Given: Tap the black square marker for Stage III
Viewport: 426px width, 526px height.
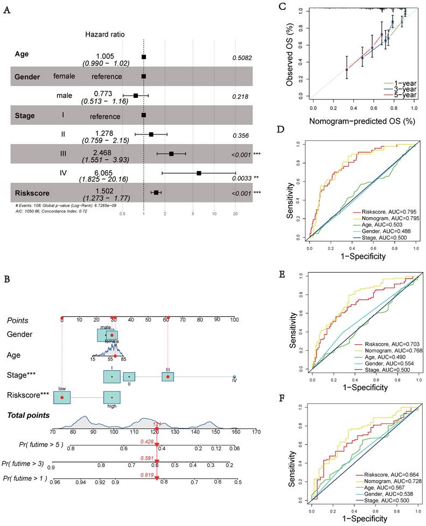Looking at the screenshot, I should coord(171,154).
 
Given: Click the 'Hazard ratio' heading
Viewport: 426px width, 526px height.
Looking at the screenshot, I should coord(105,34).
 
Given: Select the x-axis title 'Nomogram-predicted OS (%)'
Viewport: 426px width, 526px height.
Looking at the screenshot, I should coord(364,122).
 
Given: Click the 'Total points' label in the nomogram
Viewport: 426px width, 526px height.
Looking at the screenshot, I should coord(28,415).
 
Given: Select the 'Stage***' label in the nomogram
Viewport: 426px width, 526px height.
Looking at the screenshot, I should coord(22,376).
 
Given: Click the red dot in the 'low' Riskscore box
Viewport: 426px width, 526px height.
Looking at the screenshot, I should coord(62,397).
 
